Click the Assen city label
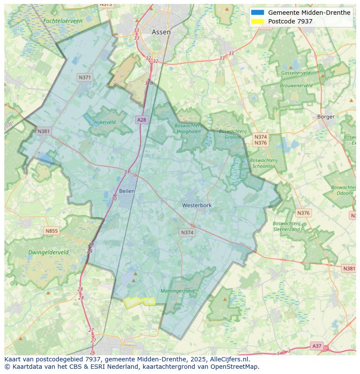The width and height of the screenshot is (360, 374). pos(161,32)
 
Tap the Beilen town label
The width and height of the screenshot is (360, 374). pos(127,191)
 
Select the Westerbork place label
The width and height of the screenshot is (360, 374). pos(197,205)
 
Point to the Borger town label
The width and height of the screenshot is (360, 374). pos(326,116)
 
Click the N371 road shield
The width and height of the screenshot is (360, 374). pos(85,77)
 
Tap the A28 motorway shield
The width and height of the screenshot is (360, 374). pos(141,119)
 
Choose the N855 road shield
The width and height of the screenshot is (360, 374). pos(51,231)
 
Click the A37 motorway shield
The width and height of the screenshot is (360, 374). pos(317,346)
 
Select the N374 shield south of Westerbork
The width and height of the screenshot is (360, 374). pos(187,233)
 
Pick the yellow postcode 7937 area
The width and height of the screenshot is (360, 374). pos(139,302)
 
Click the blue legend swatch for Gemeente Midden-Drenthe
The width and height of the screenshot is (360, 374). pos(257,13)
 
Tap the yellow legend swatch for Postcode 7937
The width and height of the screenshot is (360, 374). pos(257,21)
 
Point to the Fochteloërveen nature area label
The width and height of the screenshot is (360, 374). pos(63,21)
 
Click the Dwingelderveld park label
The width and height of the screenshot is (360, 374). pos(48,252)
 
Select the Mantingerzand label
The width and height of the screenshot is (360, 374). pos(177,291)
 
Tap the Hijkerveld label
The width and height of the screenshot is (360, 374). pos(105,122)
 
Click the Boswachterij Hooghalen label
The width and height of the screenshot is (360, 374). pos(188,128)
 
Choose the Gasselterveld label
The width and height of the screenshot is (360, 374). pos(296,73)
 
